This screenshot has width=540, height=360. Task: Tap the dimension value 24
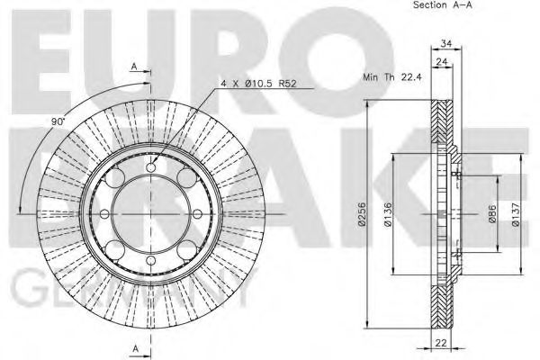(x=441, y=62)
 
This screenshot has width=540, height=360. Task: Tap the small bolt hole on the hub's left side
(x=104, y=213)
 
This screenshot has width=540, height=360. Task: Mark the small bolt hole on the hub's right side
(x=198, y=213)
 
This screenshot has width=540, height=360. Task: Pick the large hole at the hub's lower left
(x=118, y=247)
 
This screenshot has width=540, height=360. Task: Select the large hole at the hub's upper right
(x=184, y=180)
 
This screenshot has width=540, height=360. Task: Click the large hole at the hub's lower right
(x=184, y=247)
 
